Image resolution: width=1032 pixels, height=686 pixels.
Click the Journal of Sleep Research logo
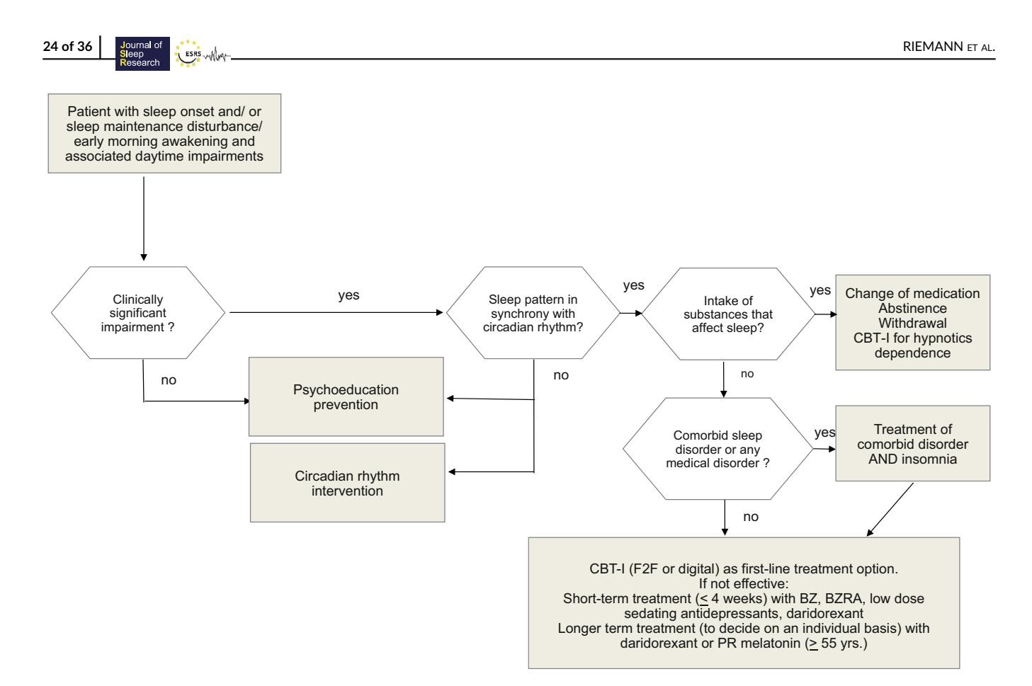click(x=142, y=54)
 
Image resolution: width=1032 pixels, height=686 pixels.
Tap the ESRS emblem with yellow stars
click(x=188, y=54)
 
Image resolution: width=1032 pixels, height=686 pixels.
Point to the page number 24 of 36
click(x=67, y=47)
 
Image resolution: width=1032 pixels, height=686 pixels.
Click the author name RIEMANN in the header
click(x=933, y=47)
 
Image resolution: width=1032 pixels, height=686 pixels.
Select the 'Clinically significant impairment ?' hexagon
click(x=137, y=313)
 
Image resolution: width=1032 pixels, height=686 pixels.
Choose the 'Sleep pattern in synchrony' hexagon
click(x=533, y=313)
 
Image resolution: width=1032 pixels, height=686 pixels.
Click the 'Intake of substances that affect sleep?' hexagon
click(x=728, y=314)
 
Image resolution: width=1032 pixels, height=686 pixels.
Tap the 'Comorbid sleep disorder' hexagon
click(x=718, y=449)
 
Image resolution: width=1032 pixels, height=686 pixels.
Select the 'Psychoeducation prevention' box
click(x=346, y=397)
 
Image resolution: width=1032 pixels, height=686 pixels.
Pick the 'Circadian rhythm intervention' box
click(x=347, y=483)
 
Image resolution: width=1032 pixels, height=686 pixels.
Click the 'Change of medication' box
click(x=913, y=323)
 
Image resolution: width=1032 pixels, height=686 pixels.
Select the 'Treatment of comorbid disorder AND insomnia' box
click(x=913, y=444)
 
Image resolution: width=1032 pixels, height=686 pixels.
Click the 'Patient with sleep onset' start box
click(x=164, y=134)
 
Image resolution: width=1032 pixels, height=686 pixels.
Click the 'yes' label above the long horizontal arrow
click(x=348, y=295)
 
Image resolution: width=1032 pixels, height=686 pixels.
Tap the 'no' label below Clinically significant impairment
click(x=169, y=380)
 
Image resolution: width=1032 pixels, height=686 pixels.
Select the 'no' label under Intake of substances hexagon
click(x=747, y=374)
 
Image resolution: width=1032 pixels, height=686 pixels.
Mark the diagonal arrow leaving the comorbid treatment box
click(x=890, y=510)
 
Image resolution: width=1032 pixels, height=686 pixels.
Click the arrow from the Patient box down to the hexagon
click(x=144, y=219)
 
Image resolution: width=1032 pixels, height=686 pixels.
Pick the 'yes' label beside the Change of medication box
click(x=820, y=290)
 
